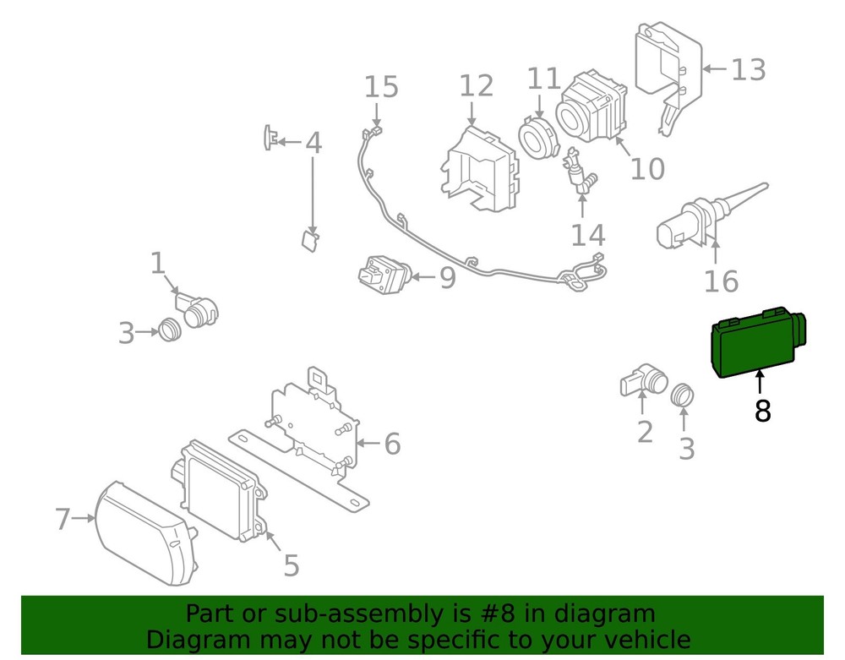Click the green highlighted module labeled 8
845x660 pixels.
(x=755, y=345)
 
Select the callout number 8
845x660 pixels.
(x=762, y=411)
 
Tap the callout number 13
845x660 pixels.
(x=748, y=69)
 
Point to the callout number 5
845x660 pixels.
(x=291, y=565)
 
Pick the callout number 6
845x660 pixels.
(x=391, y=444)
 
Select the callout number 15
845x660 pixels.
(x=381, y=86)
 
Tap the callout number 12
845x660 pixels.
(x=476, y=85)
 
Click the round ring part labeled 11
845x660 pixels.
(x=535, y=137)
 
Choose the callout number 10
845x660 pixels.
(x=647, y=169)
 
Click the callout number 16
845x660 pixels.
(x=722, y=281)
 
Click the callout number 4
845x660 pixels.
(x=313, y=142)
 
